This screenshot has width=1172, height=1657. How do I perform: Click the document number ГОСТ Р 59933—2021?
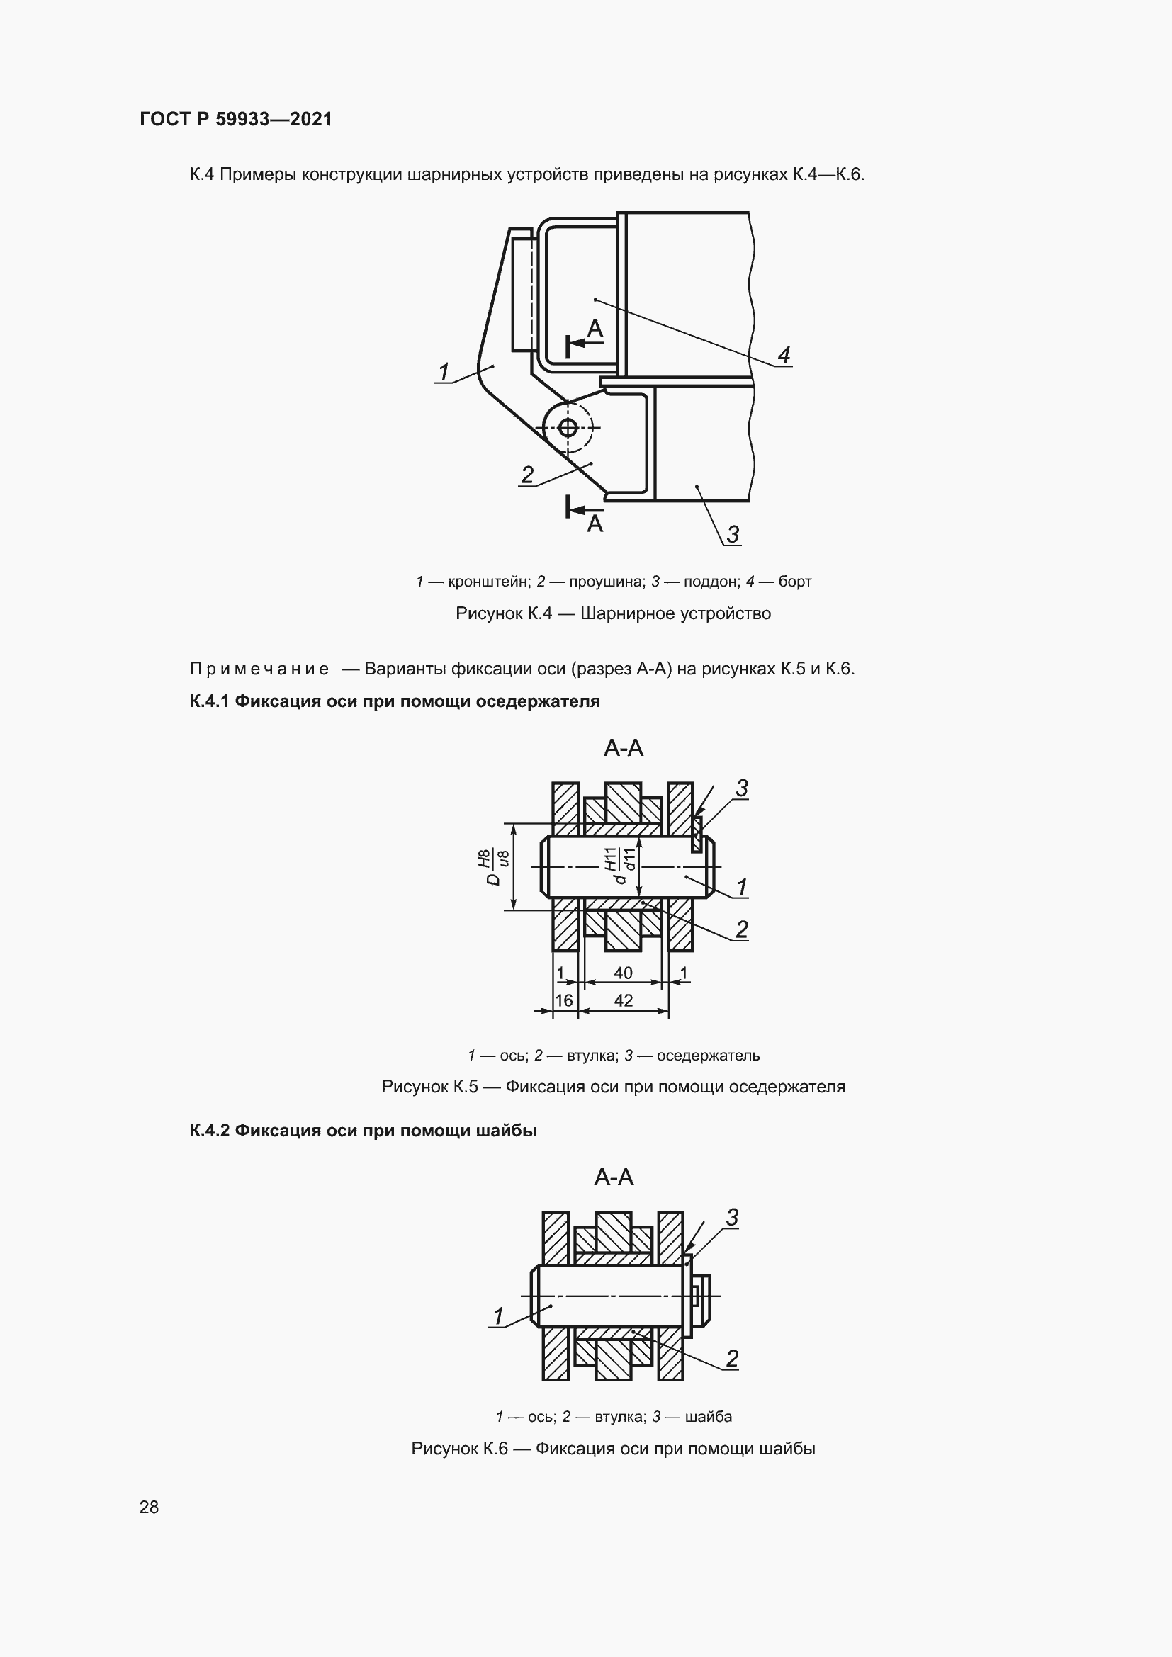[236, 119]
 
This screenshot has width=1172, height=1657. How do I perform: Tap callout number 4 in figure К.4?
[784, 354]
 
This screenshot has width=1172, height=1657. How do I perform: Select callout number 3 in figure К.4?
[733, 534]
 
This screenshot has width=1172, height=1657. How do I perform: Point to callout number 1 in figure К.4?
[444, 372]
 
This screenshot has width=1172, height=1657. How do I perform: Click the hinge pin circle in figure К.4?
[568, 428]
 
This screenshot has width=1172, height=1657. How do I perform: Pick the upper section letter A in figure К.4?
[595, 329]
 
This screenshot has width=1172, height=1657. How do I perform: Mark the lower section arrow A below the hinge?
[585, 510]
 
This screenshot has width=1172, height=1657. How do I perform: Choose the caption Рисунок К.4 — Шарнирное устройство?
[614, 613]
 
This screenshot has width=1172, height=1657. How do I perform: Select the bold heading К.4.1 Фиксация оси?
[395, 701]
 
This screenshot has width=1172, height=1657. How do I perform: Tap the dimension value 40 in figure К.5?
[623, 973]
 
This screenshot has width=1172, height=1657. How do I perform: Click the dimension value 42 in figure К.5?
[623, 1000]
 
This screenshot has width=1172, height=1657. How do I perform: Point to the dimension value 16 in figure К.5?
[564, 1000]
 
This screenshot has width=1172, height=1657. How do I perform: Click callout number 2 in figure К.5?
[741, 929]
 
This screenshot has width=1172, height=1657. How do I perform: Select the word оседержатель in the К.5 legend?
[708, 1055]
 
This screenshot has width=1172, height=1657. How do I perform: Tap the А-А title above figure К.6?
[614, 1177]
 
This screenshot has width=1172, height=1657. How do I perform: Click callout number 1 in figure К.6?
[498, 1316]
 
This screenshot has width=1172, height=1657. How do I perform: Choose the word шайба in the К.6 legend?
[708, 1416]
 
